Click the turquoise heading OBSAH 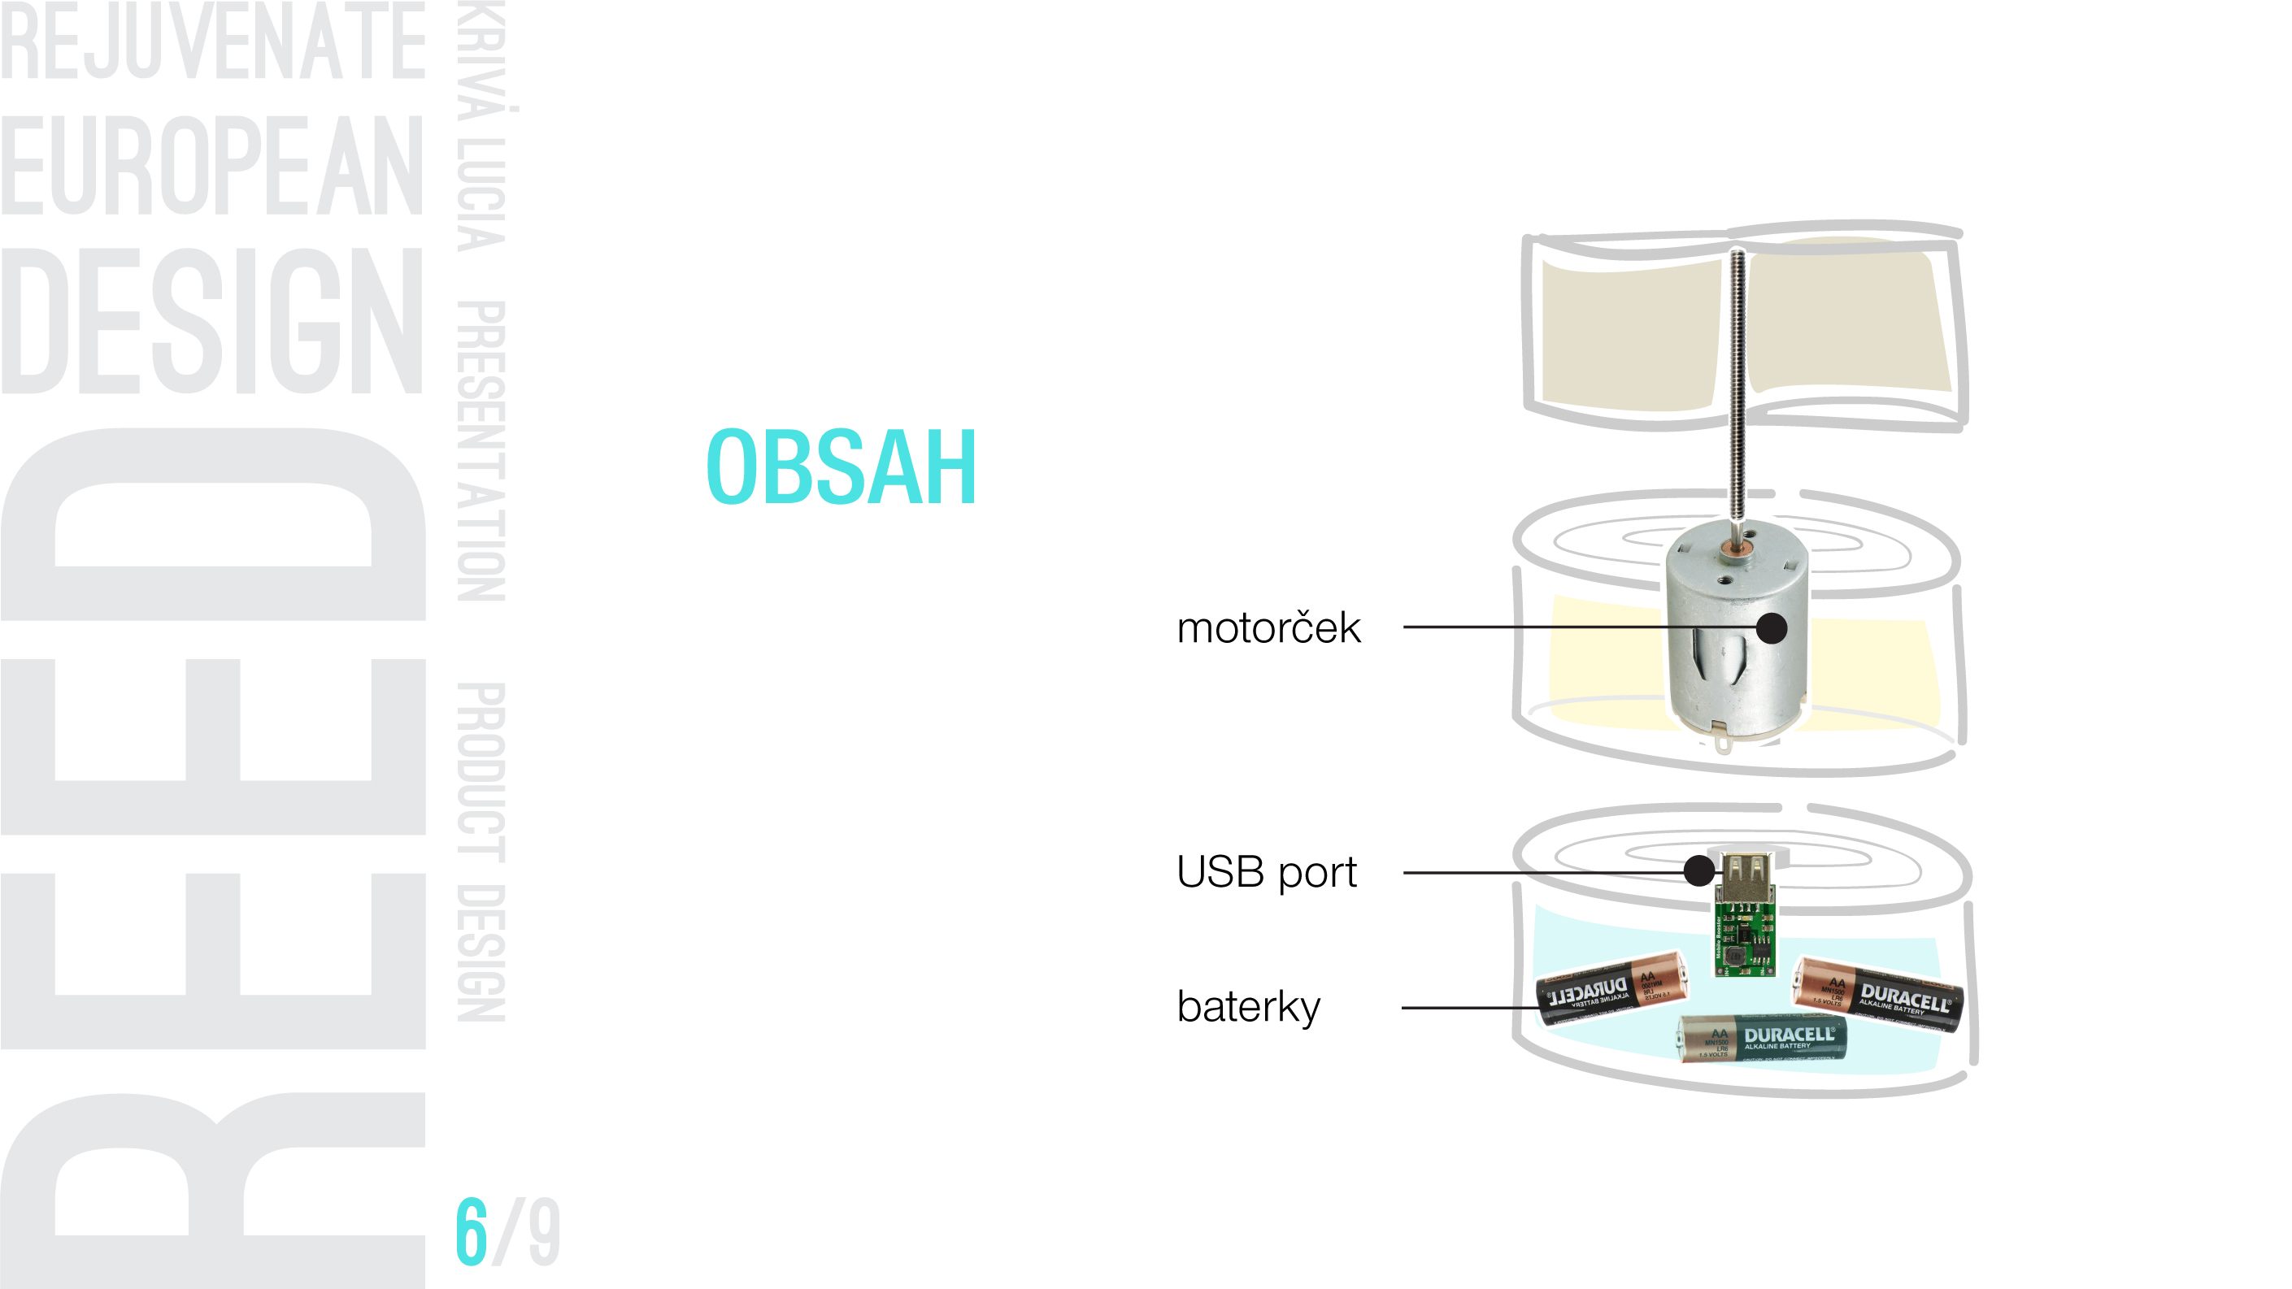pos(841,467)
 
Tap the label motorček pos(1268,628)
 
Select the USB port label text pos(1266,872)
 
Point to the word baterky pos(1248,1007)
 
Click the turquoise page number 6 pos(472,1232)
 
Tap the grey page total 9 pos(544,1232)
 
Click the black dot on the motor pos(1772,628)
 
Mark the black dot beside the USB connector pos(1698,870)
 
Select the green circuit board pos(1745,939)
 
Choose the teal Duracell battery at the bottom pos(1762,1038)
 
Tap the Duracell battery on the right pos(1877,995)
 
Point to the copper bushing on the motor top pos(1733,548)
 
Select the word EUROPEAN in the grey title pos(211,166)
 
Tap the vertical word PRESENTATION pos(481,451)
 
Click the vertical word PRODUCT pos(481,771)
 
